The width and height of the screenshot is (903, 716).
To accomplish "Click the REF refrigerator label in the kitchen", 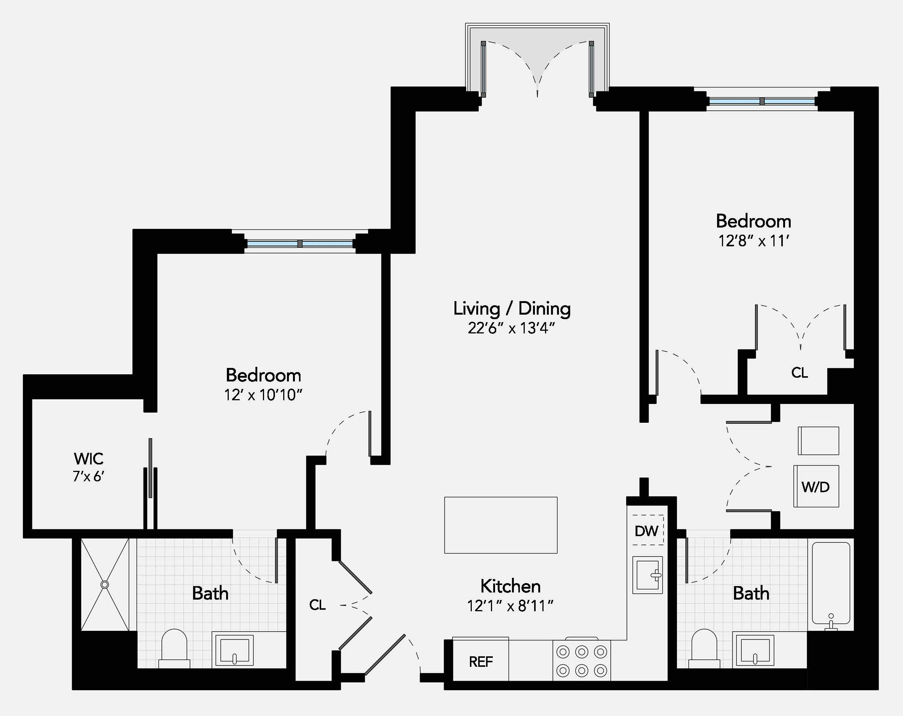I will point(480,662).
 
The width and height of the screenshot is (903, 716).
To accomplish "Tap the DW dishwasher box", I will point(647,531).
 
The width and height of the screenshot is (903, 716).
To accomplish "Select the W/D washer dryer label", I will point(815,487).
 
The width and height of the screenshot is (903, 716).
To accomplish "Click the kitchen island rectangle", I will point(500,525).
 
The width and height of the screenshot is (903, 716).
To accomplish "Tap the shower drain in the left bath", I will point(105,585).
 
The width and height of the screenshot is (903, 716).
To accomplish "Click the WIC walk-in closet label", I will point(88,459).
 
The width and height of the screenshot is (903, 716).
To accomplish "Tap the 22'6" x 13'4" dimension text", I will point(511,328).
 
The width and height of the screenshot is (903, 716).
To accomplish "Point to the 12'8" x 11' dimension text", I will point(754,241).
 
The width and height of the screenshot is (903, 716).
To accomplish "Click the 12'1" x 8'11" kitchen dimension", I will point(510,606).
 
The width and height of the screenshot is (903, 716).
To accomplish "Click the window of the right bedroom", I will point(762,101).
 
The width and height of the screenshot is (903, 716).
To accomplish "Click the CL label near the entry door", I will point(317,604).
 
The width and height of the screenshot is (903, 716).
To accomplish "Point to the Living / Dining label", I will point(512,309).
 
